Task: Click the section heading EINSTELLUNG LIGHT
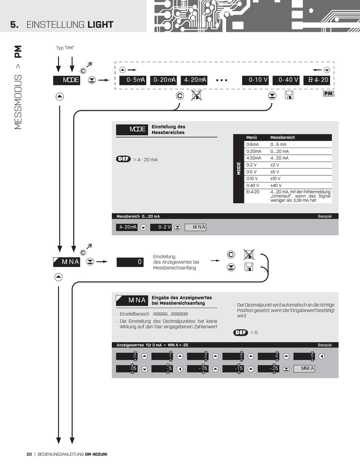click(x=70, y=25)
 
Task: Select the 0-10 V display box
click(x=256, y=80)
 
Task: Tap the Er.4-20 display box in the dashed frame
click(x=318, y=80)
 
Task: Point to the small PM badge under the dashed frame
click(x=329, y=94)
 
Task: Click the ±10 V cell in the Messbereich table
click(x=275, y=179)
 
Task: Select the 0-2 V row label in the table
click(x=252, y=165)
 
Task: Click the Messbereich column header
click(x=282, y=137)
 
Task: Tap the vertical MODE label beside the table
click(x=239, y=168)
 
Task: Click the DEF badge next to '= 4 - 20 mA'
click(x=123, y=159)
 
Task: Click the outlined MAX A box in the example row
click(x=304, y=368)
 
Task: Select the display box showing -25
click(x=268, y=368)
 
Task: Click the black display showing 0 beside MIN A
click(x=130, y=262)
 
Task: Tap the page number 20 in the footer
click(x=29, y=454)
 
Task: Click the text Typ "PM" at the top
click(x=65, y=48)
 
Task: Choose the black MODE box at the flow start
click(x=66, y=80)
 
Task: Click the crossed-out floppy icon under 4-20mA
click(x=196, y=95)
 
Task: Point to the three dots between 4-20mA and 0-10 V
click(x=221, y=80)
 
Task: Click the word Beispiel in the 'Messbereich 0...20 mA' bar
click(x=325, y=216)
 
